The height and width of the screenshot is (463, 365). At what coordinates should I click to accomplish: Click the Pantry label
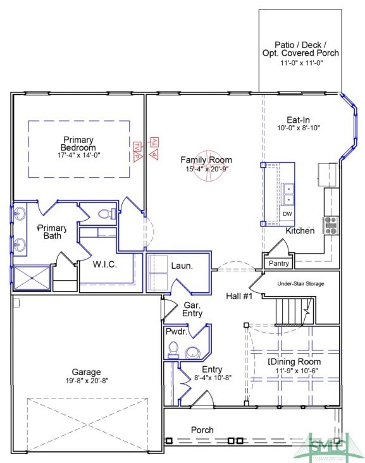click(279, 263)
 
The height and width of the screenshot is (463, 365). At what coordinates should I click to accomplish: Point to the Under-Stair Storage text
click(300, 284)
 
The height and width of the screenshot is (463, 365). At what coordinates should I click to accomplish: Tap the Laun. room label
click(182, 266)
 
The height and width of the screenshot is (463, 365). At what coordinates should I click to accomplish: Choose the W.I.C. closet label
click(104, 264)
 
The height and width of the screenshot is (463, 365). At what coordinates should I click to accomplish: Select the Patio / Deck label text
click(300, 45)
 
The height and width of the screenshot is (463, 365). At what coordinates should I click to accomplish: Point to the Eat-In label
click(298, 120)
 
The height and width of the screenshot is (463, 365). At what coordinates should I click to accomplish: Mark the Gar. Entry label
click(192, 309)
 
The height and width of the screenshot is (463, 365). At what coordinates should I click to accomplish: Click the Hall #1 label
click(239, 295)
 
